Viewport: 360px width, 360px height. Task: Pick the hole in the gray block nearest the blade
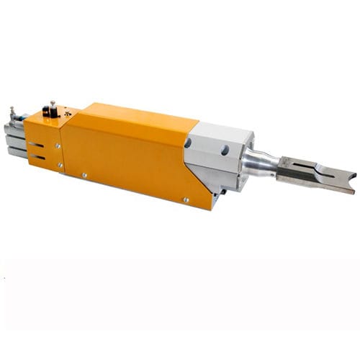[224, 150]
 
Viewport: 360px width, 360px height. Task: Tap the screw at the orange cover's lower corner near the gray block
[186, 199]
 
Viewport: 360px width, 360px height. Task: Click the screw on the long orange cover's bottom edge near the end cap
[84, 174]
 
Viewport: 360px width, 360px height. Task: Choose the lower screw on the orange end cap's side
[60, 165]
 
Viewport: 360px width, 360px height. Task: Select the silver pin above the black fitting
[52, 104]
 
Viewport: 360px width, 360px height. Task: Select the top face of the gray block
[223, 130]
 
